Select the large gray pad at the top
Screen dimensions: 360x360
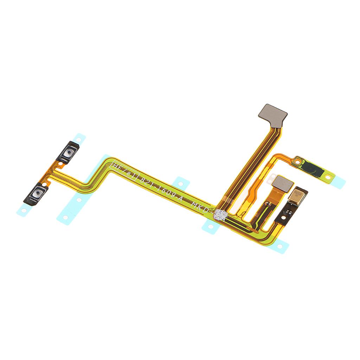[272, 113]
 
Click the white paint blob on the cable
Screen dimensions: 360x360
[220, 214]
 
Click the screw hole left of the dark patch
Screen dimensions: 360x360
[298, 162]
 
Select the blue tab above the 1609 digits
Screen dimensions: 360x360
[181, 182]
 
